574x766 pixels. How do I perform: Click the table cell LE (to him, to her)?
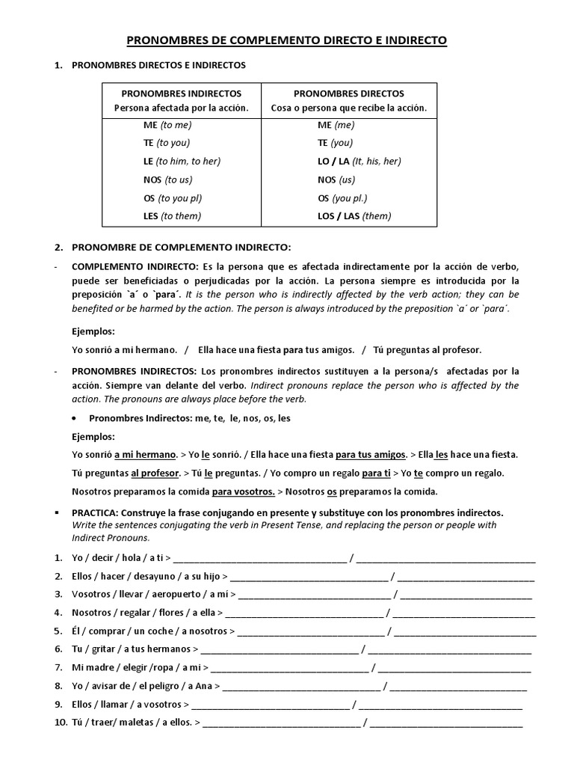pos(182,161)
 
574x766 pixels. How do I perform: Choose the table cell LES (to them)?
pos(172,216)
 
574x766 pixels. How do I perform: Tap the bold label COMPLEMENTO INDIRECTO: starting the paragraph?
pos(135,267)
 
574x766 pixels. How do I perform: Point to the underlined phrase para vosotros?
pos(243,491)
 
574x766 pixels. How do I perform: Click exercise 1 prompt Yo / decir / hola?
pos(120,557)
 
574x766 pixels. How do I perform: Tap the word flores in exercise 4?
pos(173,613)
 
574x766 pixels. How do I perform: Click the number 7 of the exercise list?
pos(58,667)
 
